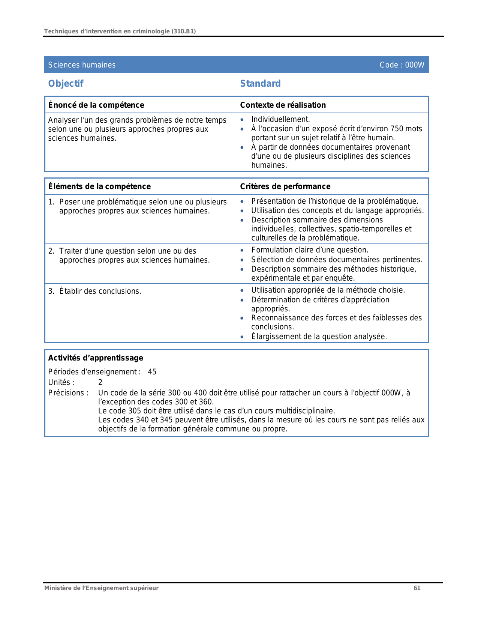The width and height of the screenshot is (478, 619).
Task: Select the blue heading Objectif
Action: click(66, 83)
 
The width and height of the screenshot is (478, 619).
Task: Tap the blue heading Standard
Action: click(260, 83)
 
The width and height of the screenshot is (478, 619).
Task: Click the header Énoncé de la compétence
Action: click(96, 105)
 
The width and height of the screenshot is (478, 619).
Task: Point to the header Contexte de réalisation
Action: click(283, 105)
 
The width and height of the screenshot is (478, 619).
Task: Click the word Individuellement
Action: click(280, 119)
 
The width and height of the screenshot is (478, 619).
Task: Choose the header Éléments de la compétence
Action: click(99, 186)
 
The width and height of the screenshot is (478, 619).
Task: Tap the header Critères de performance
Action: click(285, 186)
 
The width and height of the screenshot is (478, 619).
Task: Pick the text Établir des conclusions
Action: click(100, 291)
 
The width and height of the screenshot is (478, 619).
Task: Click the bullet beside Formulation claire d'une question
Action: click(242, 250)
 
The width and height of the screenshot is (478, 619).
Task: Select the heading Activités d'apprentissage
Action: click(96, 358)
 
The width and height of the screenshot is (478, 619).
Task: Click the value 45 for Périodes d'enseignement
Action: click(152, 372)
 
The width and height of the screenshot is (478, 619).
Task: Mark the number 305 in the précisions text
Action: click(135, 411)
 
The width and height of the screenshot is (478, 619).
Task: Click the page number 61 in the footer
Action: click(417, 588)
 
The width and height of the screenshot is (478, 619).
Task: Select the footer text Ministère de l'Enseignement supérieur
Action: click(101, 588)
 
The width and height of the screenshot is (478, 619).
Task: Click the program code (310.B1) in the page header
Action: click(183, 31)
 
